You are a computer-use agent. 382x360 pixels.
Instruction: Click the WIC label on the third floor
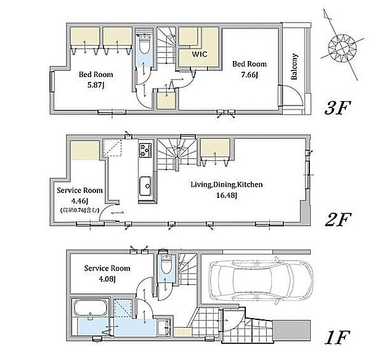coord(200,54)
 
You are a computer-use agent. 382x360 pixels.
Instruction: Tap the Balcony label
coord(294,67)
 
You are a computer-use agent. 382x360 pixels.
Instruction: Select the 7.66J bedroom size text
coord(250,75)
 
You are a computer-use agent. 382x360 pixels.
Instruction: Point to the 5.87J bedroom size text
coord(95,85)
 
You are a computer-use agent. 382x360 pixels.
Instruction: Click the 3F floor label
coord(338,108)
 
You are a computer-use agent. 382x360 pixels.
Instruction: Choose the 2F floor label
coord(338,219)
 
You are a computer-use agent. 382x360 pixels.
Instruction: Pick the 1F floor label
coord(338,337)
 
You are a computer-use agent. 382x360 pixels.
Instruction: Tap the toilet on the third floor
coord(145,44)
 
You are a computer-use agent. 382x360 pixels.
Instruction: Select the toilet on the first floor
coord(167,264)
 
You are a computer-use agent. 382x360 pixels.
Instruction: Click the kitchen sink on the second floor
coord(145,186)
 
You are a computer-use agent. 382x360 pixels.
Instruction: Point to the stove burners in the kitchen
coord(145,150)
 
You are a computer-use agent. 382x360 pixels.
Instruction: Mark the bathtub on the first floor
coord(91,308)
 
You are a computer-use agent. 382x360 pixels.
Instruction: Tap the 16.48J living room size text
coord(227,195)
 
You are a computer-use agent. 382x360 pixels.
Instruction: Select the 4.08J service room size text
coord(107,279)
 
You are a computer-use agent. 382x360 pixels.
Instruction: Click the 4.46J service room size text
coord(79,200)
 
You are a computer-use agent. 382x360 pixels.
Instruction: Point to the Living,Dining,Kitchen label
coord(227,184)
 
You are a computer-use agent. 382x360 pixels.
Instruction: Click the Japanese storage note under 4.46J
coord(79,210)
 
